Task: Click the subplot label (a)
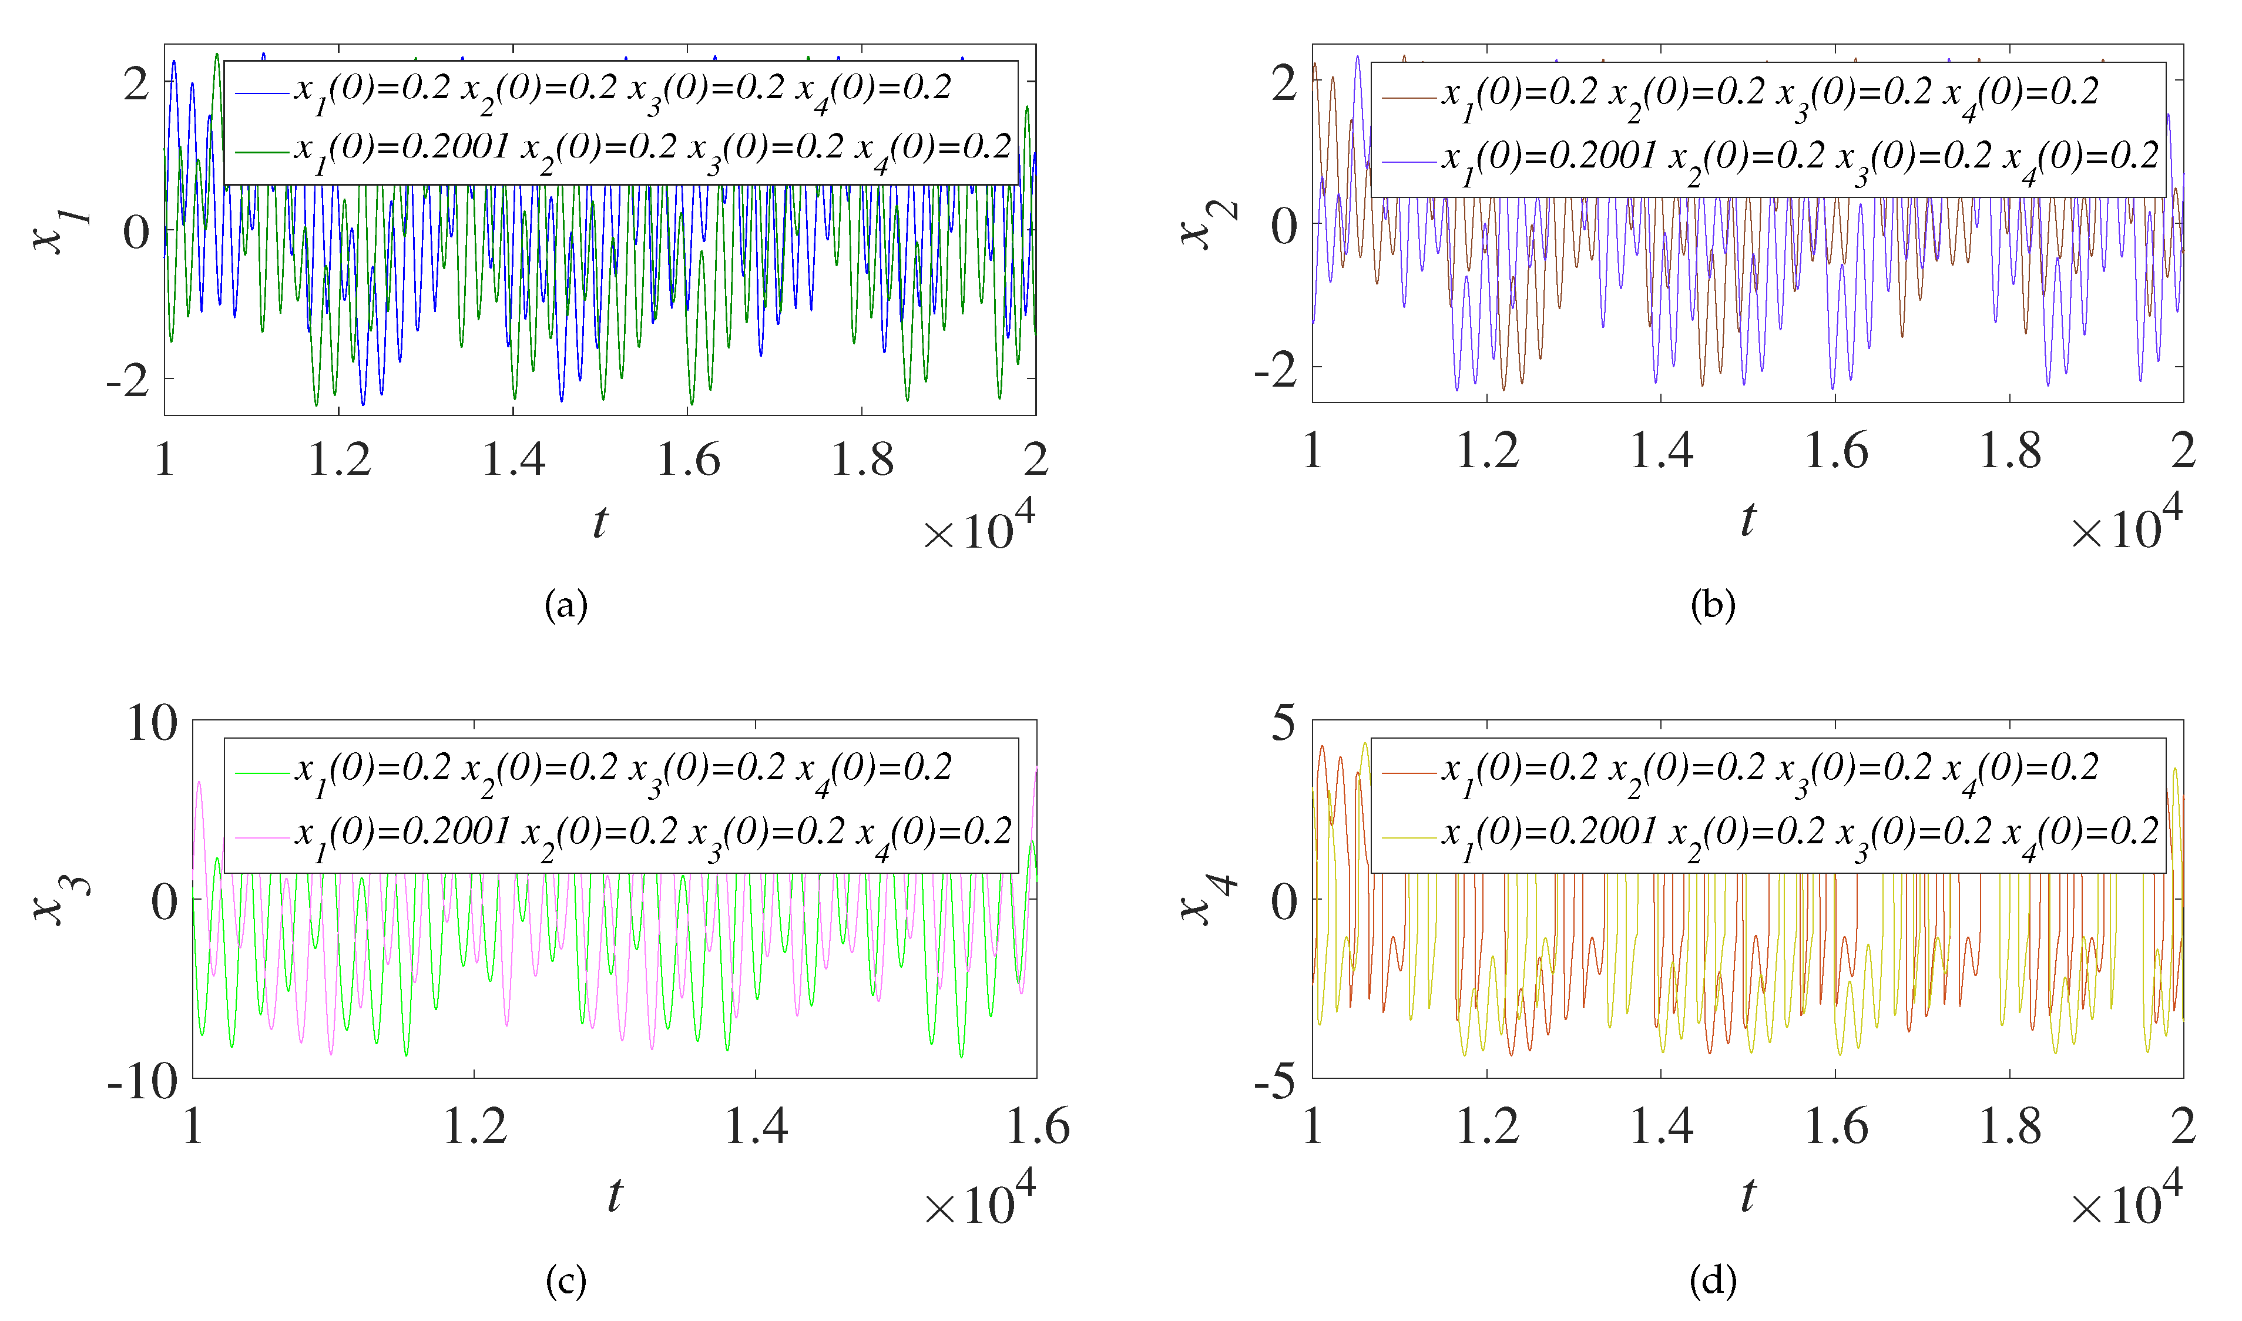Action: (x=566, y=606)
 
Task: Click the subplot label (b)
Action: (x=1713, y=606)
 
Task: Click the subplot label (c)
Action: (x=566, y=1282)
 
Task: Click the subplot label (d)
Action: (x=1713, y=1282)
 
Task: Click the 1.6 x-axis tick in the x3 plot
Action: (x=1037, y=1127)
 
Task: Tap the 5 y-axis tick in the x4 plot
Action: (x=1283, y=723)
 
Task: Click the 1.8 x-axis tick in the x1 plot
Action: (x=861, y=460)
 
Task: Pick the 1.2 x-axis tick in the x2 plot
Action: (x=1486, y=451)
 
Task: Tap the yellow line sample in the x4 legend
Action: (x=1409, y=837)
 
